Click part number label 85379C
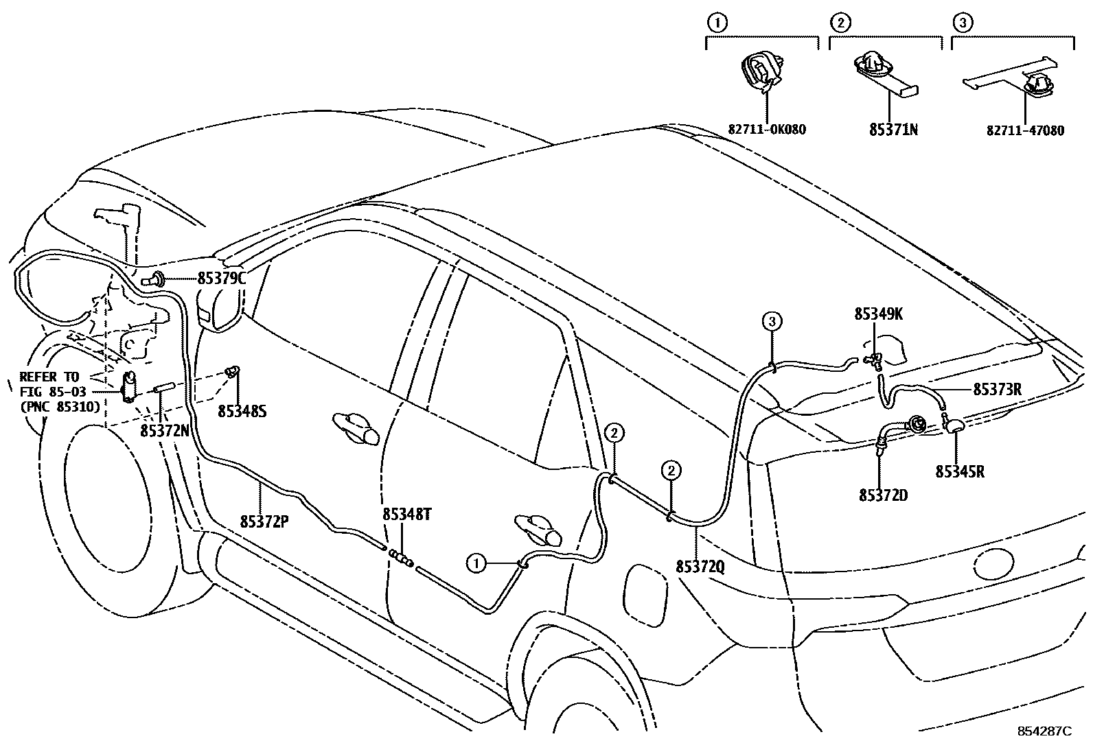pyautogui.click(x=221, y=279)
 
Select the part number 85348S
pyautogui.click(x=242, y=411)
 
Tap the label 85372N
pyautogui.click(x=164, y=430)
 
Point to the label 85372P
pyautogui.click(x=264, y=521)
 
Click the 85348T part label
pyautogui.click(x=406, y=515)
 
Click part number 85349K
pyautogui.click(x=878, y=314)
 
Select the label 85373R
pyautogui.click(x=997, y=390)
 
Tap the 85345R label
pyautogui.click(x=959, y=473)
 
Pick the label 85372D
pyautogui.click(x=883, y=495)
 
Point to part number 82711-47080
pyautogui.click(x=1025, y=130)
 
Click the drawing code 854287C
pyautogui.click(x=1044, y=731)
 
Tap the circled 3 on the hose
pyautogui.click(x=772, y=321)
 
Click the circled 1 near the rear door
pyautogui.click(x=475, y=564)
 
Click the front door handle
pyautogui.click(x=356, y=428)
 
